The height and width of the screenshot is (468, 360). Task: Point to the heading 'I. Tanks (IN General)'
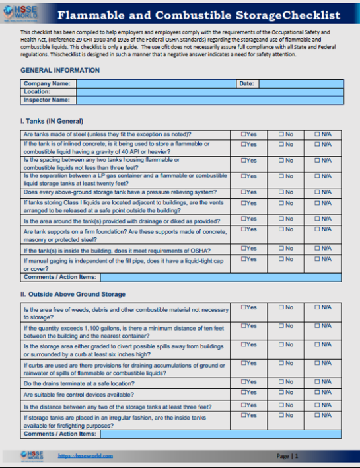click(x=52, y=121)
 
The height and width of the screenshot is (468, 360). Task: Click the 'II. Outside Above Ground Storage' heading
click(x=73, y=294)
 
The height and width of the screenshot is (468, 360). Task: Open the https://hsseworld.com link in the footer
click(x=85, y=456)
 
